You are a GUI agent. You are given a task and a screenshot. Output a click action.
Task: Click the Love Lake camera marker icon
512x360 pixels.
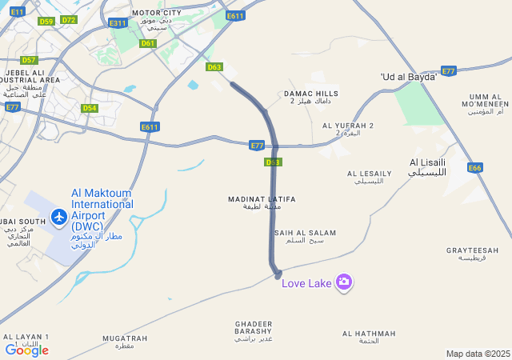(344, 281)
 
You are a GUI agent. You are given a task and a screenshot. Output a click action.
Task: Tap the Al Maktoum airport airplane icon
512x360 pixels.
(58, 216)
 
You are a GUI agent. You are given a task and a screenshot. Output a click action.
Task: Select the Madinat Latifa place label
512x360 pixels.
(262, 202)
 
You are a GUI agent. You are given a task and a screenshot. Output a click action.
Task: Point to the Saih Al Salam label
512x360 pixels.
(305, 236)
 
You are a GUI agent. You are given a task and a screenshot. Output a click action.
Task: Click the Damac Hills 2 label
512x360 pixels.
(311, 97)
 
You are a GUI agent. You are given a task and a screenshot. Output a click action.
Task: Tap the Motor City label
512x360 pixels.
(156, 18)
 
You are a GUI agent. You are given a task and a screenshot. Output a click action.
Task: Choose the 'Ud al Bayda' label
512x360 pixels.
(408, 77)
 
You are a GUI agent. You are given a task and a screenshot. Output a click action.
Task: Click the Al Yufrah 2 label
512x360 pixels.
(348, 129)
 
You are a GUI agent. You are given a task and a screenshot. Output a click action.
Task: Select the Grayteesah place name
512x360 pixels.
(472, 254)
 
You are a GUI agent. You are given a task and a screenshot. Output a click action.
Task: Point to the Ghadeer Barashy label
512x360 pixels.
(254, 331)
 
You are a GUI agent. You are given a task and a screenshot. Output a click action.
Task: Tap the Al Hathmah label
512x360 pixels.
(368, 337)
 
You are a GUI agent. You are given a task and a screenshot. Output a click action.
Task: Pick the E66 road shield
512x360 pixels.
(475, 168)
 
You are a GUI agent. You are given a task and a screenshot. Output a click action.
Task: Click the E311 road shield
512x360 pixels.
(118, 23)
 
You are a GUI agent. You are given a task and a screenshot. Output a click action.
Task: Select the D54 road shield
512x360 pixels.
(90, 108)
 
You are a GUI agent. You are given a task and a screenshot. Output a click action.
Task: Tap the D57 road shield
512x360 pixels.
(29, 60)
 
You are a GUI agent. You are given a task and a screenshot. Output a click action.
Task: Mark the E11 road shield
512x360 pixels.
(18, 11)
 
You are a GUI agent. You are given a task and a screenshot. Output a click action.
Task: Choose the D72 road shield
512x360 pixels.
(68, 20)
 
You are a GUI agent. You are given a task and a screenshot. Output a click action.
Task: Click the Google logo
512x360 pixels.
(26, 350)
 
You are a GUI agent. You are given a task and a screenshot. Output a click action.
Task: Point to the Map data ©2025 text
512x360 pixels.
(478, 354)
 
